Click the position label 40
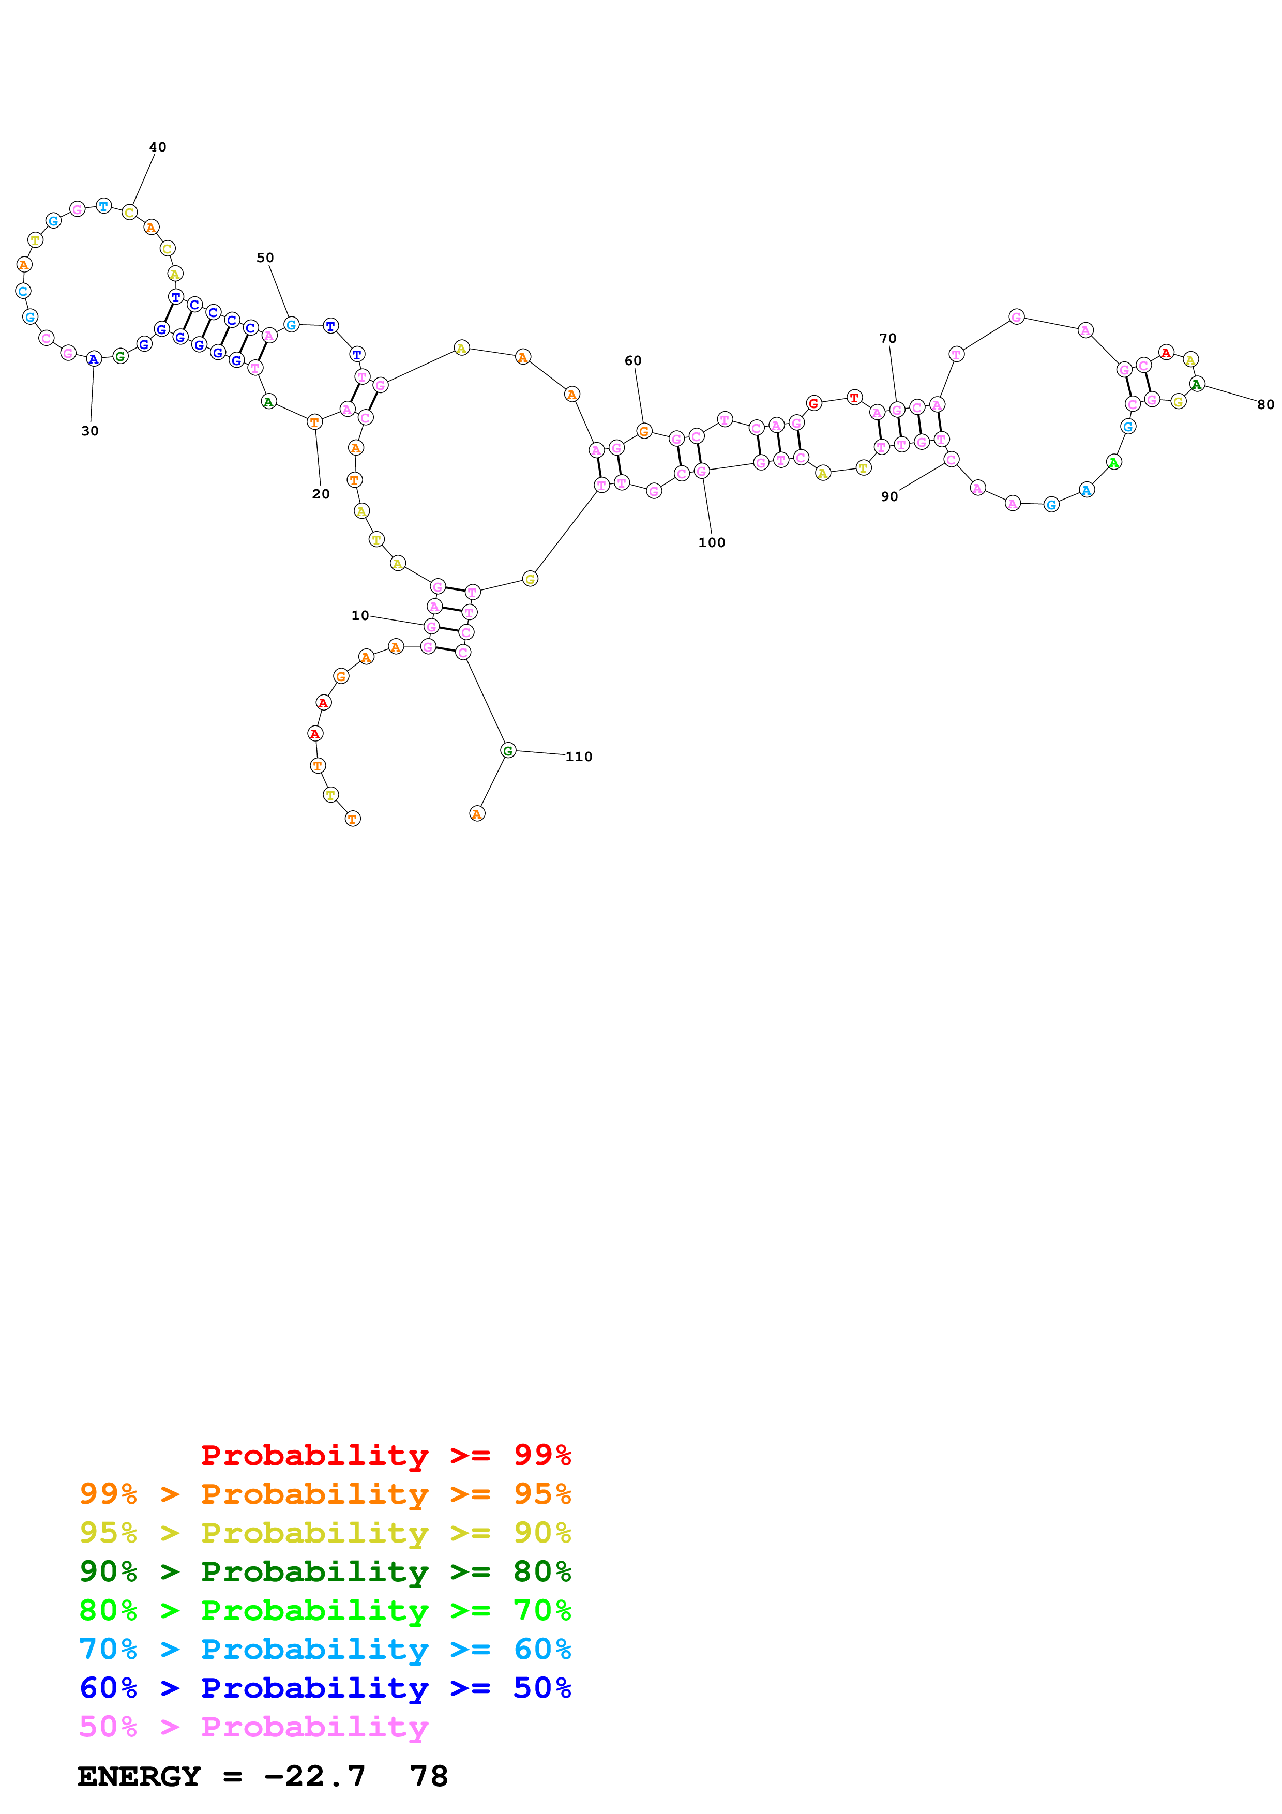tap(158, 147)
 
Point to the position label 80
tap(1265, 404)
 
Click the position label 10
tap(360, 615)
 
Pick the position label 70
tap(888, 338)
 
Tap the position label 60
tap(632, 360)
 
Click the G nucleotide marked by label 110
tap(508, 750)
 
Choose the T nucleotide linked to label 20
tap(314, 422)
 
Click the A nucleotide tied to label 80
tap(1197, 385)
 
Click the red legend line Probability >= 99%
tap(385, 1455)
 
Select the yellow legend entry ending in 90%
tap(325, 1532)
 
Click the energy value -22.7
tap(314, 1776)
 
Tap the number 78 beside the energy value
tap(429, 1776)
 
